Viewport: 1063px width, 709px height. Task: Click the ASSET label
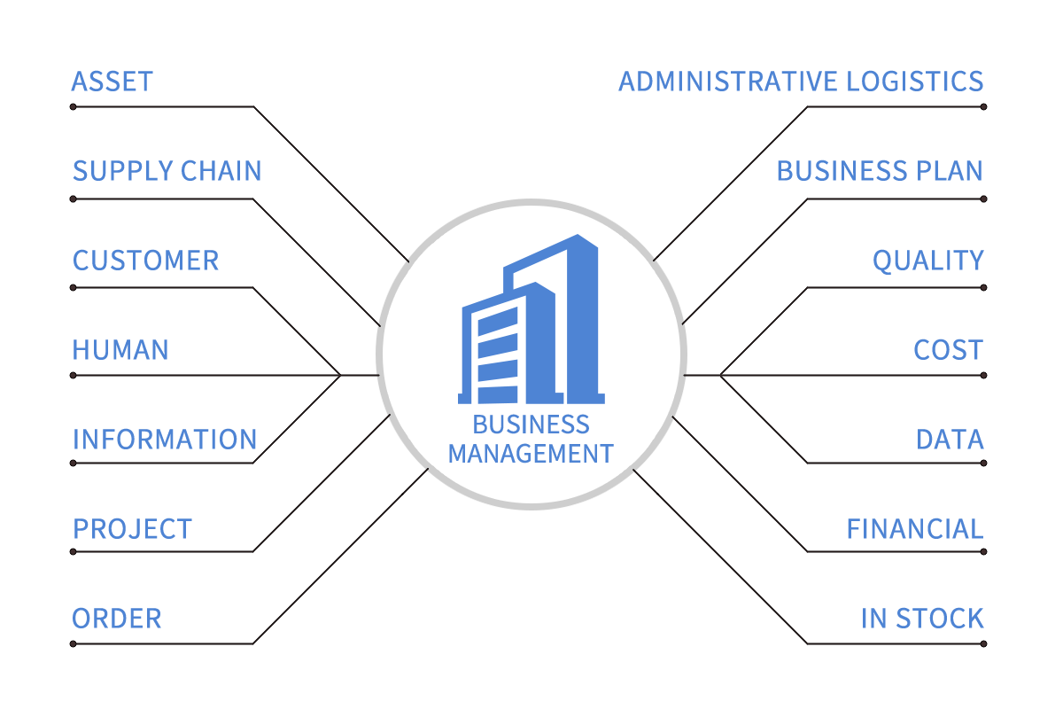pyautogui.click(x=112, y=82)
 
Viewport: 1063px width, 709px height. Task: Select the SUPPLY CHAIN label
pyautogui.click(x=167, y=171)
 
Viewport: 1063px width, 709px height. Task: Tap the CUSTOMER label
pyautogui.click(x=145, y=261)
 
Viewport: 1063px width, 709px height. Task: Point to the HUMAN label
pyautogui.click(x=120, y=350)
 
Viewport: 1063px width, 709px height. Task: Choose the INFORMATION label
pyautogui.click(x=165, y=440)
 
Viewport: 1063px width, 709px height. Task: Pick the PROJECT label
pyautogui.click(x=132, y=529)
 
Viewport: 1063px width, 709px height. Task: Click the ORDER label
pyautogui.click(x=116, y=619)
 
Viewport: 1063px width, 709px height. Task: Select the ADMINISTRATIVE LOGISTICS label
pyautogui.click(x=801, y=82)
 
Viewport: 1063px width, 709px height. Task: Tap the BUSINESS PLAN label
pyautogui.click(x=880, y=171)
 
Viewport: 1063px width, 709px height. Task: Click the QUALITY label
pyautogui.click(x=927, y=261)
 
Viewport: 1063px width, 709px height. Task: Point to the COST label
pyautogui.click(x=948, y=350)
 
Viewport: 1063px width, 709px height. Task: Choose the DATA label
pyautogui.click(x=950, y=440)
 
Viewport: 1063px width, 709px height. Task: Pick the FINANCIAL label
pyautogui.click(x=914, y=529)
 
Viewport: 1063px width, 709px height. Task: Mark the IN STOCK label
pyautogui.click(x=922, y=619)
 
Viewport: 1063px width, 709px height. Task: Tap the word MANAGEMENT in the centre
pyautogui.click(x=531, y=454)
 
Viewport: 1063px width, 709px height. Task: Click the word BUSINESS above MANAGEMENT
pyautogui.click(x=531, y=425)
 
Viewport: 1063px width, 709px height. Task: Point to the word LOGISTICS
pyautogui.click(x=914, y=82)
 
